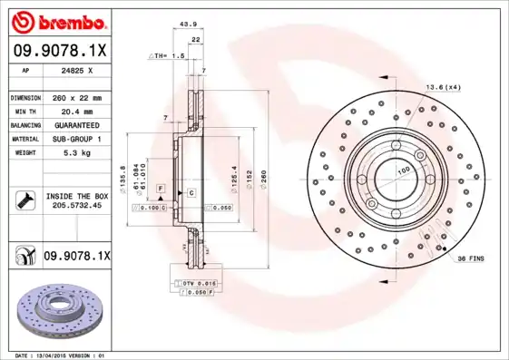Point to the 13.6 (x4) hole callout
[x=444, y=87]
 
